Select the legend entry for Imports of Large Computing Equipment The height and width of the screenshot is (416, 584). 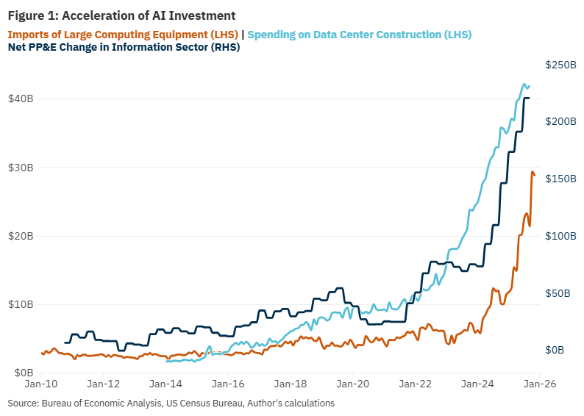point(123,35)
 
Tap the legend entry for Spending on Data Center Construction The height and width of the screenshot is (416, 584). point(359,35)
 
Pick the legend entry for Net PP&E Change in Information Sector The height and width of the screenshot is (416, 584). point(124,48)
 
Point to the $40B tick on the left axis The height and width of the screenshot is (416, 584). point(20,98)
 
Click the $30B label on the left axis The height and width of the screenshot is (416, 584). point(20,168)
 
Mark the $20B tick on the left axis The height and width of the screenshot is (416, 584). point(20,236)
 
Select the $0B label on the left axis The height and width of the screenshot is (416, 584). point(23,373)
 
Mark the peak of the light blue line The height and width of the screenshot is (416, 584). point(524,84)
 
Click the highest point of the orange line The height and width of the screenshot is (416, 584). point(533,172)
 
